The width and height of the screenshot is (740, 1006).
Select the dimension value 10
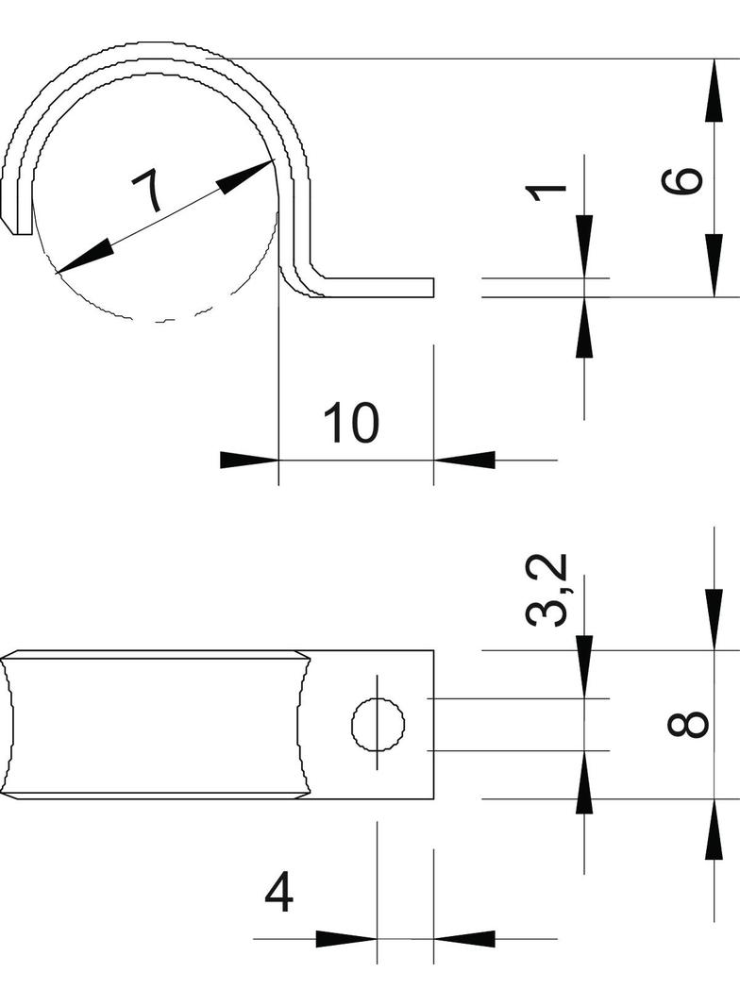(351, 423)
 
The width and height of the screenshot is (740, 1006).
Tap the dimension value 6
(682, 180)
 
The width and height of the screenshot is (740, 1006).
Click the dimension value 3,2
(547, 590)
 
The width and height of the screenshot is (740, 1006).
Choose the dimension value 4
(278, 893)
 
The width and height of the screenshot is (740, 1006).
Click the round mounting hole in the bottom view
(378, 726)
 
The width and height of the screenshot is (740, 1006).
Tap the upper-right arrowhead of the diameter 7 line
(248, 175)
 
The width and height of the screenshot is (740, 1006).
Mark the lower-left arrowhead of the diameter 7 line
(82, 260)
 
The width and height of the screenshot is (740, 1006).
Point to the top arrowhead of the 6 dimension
(715, 90)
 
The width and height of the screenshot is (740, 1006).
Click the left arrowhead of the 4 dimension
(345, 939)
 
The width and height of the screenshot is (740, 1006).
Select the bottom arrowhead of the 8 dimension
(715, 830)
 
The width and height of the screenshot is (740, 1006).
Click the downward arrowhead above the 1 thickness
(584, 245)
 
